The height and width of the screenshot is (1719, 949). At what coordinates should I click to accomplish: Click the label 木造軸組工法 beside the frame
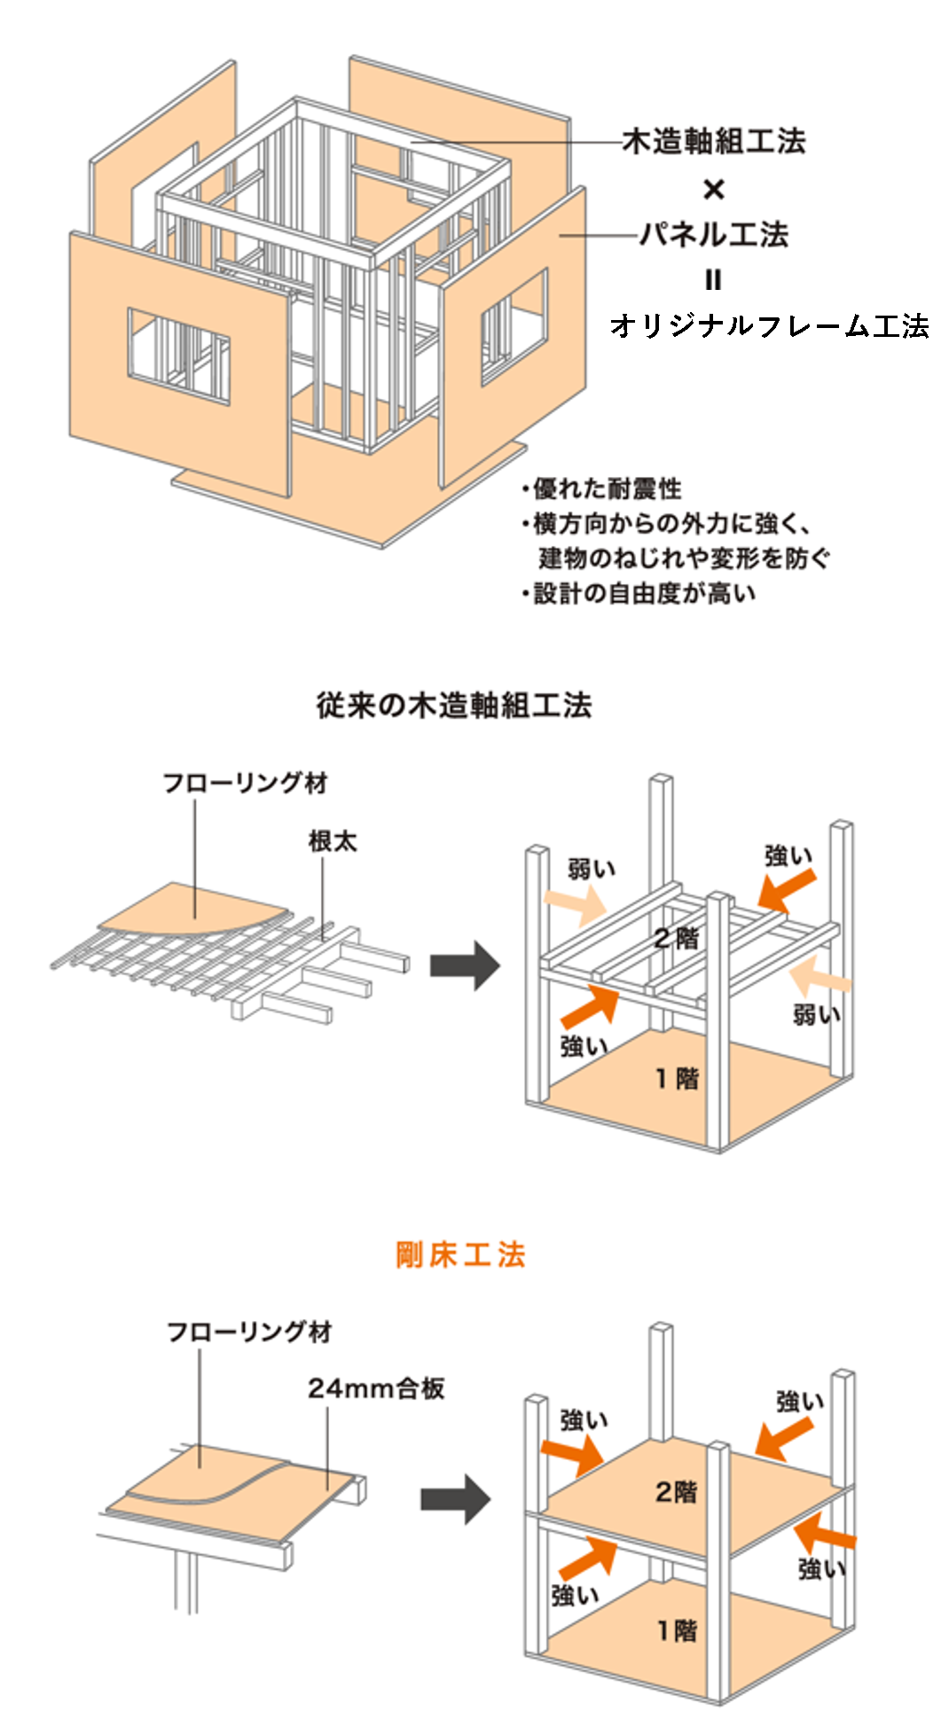[713, 141]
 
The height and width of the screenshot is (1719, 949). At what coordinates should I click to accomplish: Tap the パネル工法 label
[713, 235]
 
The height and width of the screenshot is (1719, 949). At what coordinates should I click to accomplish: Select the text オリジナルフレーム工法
[769, 326]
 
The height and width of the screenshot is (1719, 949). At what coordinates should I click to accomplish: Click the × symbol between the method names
[713, 189]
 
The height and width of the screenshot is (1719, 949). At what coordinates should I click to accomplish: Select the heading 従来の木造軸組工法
[454, 705]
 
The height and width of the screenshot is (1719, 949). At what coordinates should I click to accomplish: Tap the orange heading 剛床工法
[460, 1254]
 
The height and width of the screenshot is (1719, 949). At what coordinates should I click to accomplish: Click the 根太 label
[333, 840]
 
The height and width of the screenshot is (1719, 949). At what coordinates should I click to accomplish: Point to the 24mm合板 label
[376, 1387]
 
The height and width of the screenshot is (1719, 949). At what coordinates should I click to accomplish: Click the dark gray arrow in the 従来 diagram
[465, 965]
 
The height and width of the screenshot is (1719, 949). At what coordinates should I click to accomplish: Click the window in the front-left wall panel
[178, 356]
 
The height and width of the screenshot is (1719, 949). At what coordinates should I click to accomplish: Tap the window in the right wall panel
[514, 327]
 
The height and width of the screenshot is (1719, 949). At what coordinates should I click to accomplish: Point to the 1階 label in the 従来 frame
[677, 1078]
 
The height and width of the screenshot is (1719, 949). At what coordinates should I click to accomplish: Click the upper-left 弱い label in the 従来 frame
[591, 869]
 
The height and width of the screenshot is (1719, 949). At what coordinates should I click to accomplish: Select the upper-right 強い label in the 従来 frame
[788, 856]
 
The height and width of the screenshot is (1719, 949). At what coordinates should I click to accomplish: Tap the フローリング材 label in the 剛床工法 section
[249, 1332]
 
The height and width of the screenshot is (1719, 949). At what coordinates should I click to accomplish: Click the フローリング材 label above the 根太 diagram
[245, 782]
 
